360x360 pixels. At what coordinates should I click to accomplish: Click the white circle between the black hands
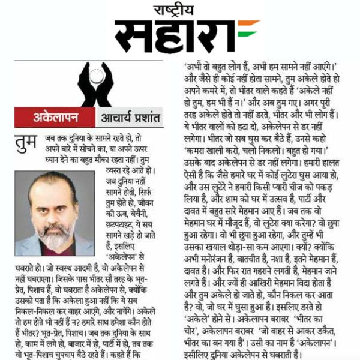tap(94, 76)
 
